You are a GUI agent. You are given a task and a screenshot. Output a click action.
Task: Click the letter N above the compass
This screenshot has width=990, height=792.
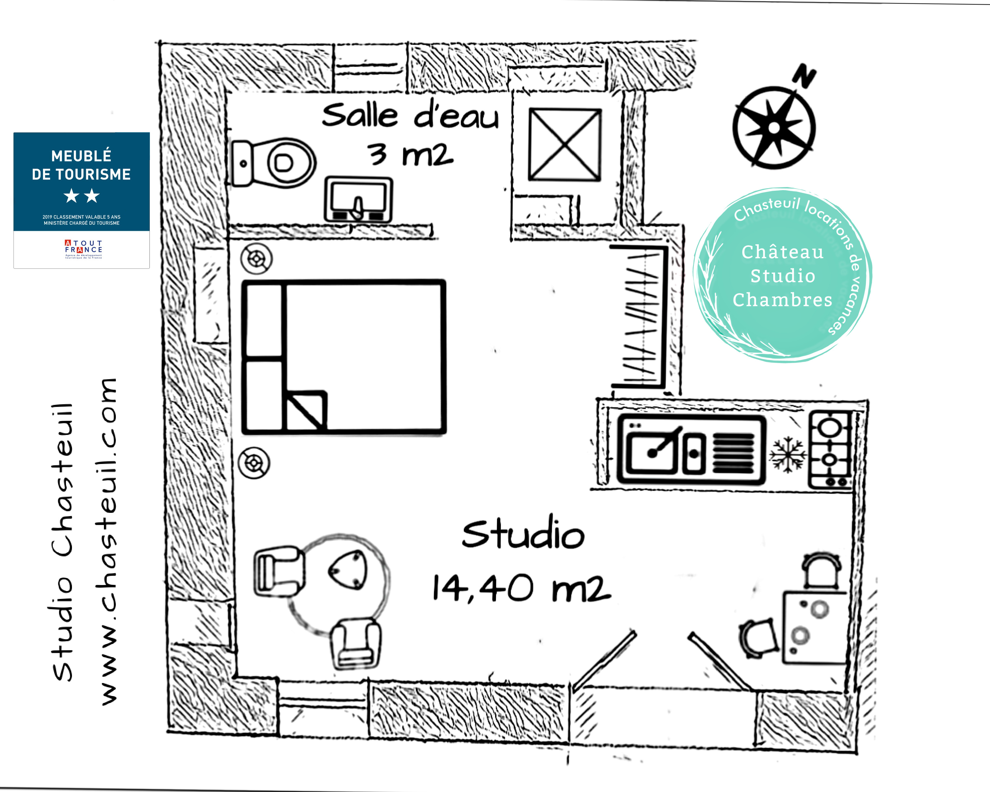tap(805, 76)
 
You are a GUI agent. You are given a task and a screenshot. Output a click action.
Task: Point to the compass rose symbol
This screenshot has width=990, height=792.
tap(774, 128)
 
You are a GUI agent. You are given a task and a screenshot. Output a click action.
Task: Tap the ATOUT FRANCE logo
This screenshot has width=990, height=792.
tap(83, 249)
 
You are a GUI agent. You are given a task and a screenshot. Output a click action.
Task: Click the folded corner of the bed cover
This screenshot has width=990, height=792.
tap(305, 410)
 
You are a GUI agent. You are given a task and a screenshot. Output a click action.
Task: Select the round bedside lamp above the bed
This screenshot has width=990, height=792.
tap(256, 258)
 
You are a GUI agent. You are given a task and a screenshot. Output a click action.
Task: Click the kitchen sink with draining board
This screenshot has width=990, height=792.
tap(691, 450)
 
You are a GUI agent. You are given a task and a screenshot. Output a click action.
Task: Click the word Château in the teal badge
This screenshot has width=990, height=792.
tap(782, 252)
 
